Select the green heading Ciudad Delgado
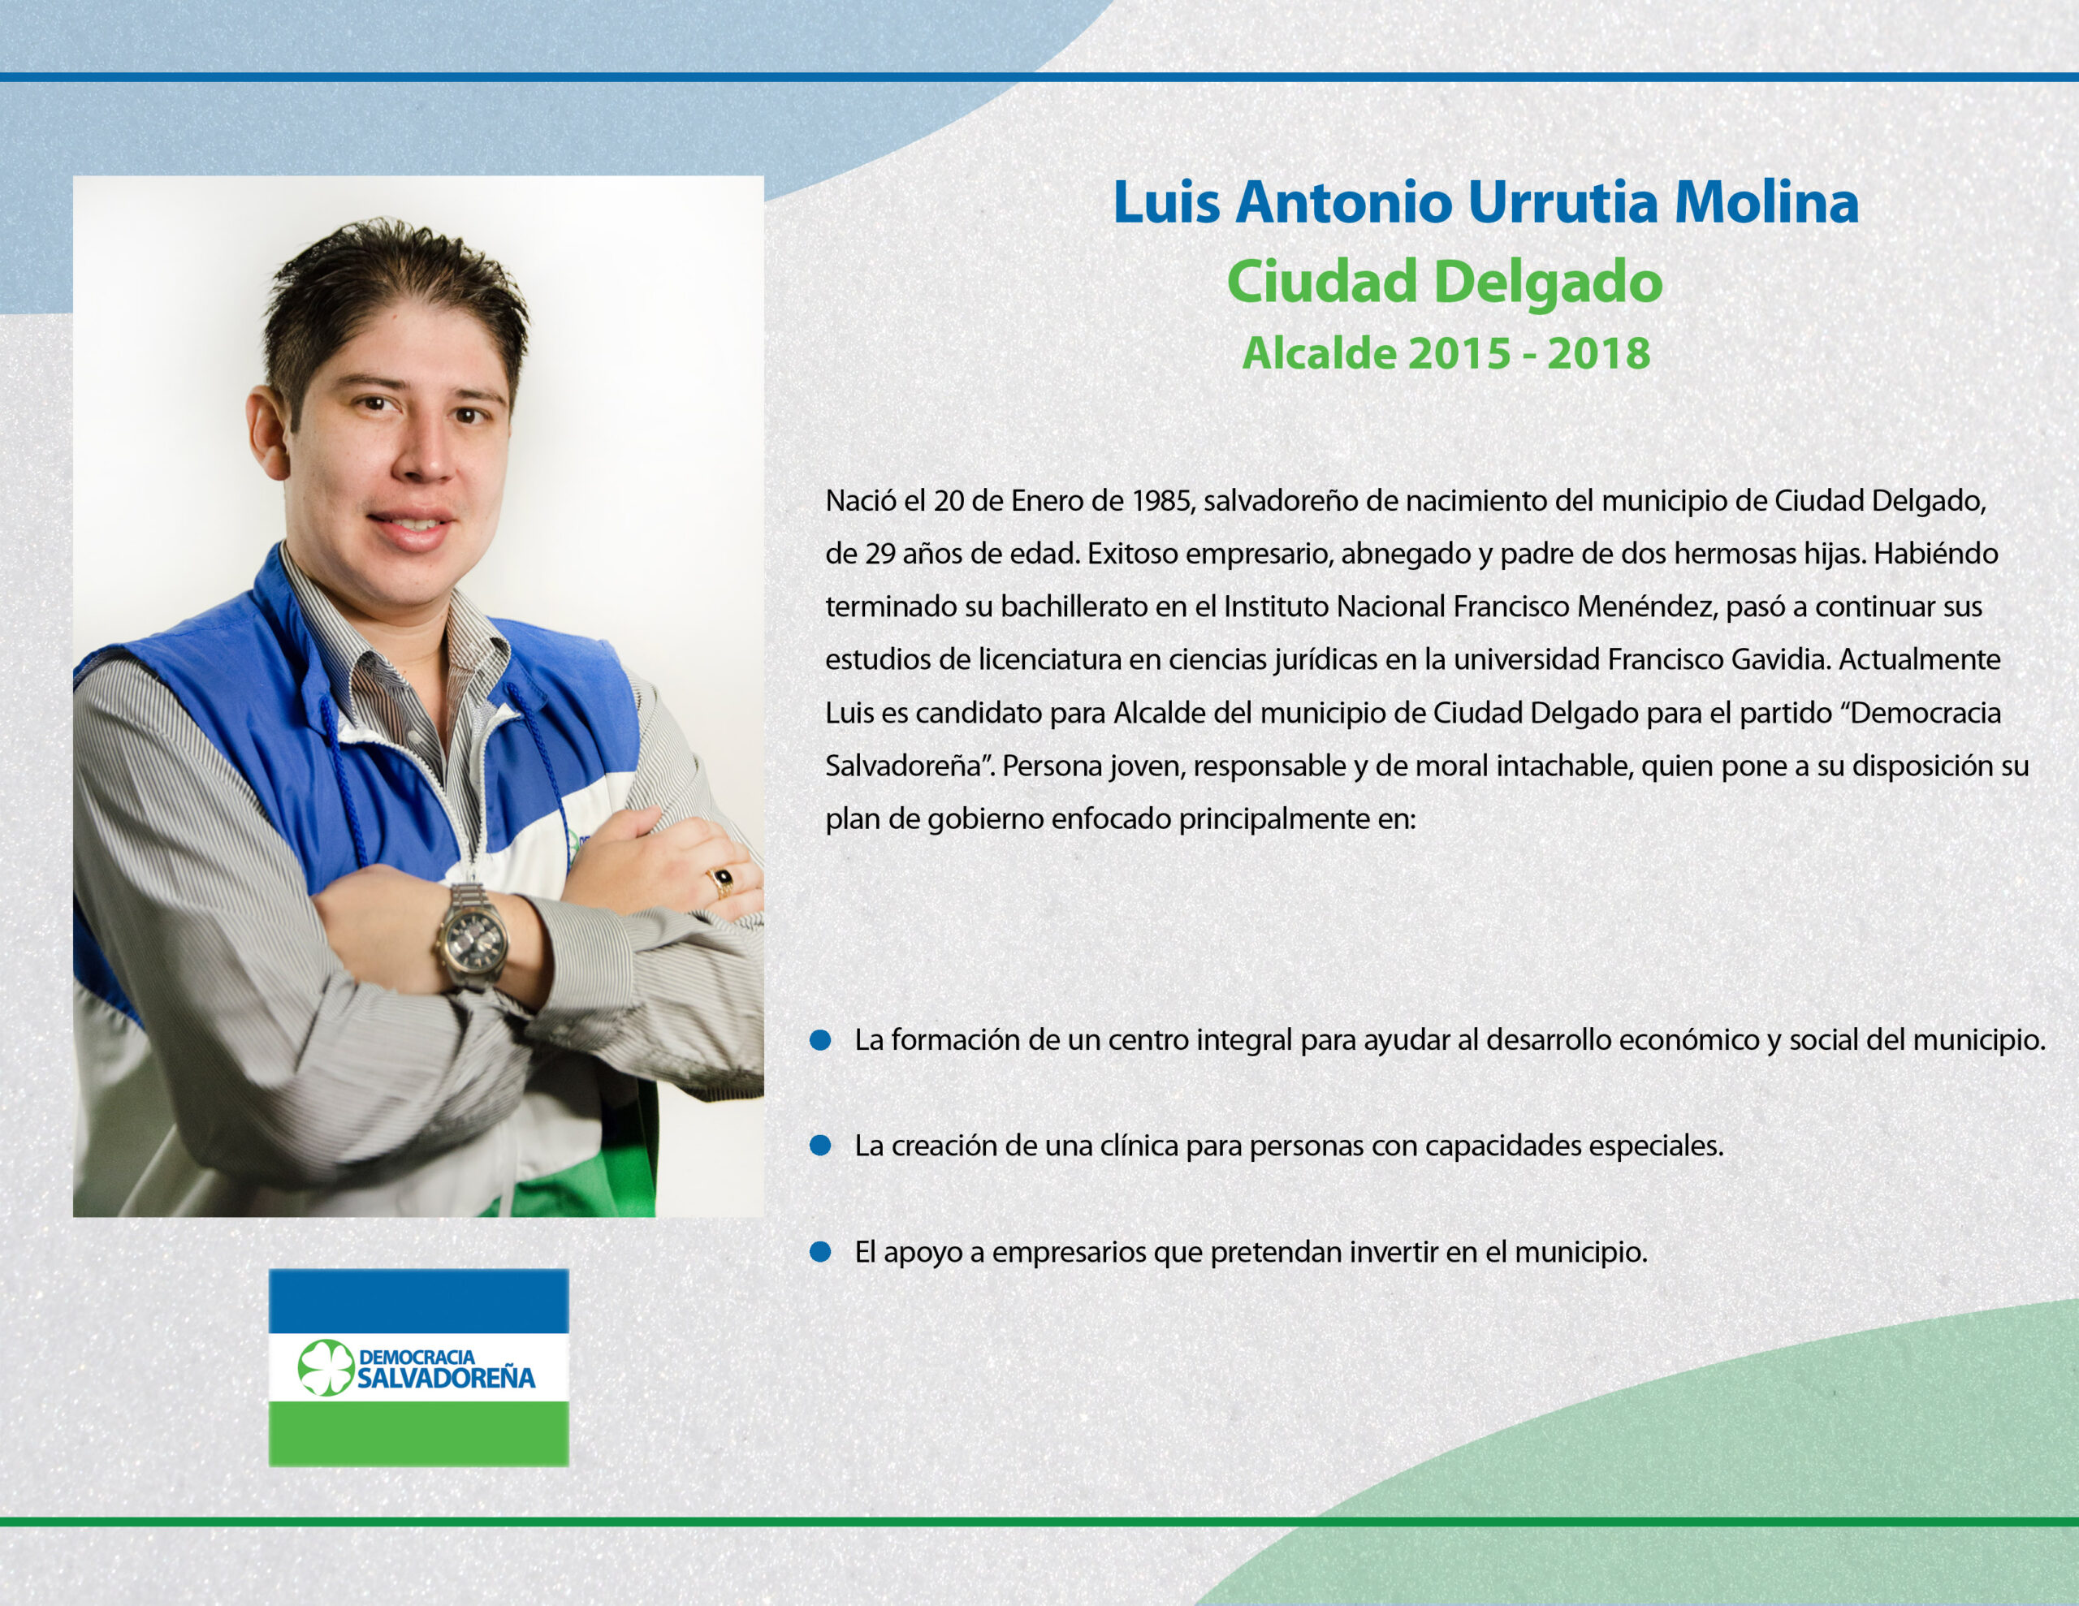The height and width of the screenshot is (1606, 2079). point(1444,282)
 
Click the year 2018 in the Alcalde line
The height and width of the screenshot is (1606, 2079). point(1598,353)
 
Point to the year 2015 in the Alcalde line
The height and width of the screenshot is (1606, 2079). point(1459,353)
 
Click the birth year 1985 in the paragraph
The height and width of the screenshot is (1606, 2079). point(1162,501)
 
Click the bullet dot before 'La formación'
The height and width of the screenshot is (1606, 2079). point(820,1041)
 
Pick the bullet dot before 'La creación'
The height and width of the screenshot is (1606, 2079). point(820,1146)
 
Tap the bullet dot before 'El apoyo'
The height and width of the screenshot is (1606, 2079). point(820,1252)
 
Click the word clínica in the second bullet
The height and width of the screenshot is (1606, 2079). point(1139,1146)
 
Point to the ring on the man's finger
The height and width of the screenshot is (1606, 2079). point(723,882)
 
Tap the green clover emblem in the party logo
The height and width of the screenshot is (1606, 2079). point(325,1368)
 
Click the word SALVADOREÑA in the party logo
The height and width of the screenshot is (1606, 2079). point(447,1378)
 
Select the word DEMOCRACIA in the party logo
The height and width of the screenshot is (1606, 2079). point(417,1356)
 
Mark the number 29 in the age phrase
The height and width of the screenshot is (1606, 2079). point(880,553)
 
